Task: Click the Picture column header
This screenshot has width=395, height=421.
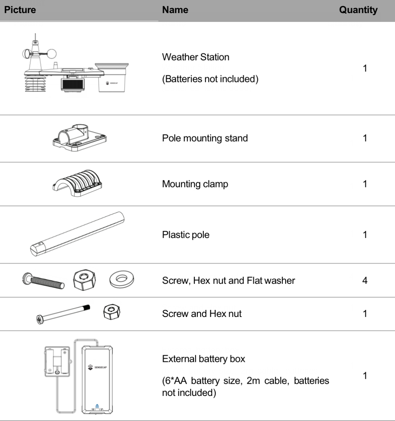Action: click(20, 10)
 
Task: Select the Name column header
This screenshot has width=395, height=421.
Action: click(175, 10)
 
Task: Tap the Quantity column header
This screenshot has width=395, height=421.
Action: click(358, 10)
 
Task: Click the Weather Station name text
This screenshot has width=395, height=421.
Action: click(196, 57)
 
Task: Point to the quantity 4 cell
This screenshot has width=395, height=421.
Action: click(365, 281)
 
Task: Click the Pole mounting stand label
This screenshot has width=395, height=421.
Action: click(205, 138)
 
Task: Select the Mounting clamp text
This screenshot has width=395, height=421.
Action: click(195, 184)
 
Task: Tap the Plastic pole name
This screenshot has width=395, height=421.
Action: click(186, 235)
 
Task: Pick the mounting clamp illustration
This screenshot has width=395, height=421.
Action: click(78, 183)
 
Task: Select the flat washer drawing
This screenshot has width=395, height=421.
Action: click(122, 279)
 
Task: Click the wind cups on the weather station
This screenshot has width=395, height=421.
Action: click(40, 54)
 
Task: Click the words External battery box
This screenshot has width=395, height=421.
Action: click(204, 359)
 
